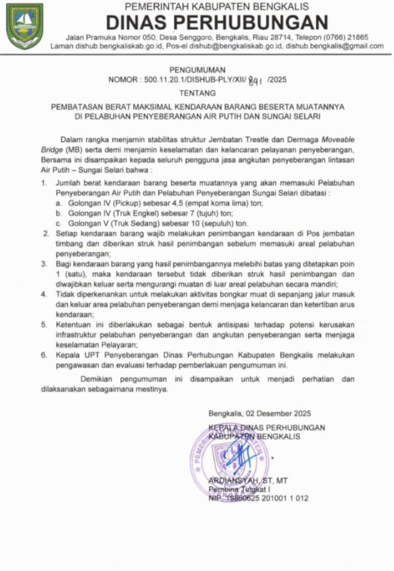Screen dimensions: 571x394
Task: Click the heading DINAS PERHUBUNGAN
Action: tap(217, 22)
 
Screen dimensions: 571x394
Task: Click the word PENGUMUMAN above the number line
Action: tap(197, 70)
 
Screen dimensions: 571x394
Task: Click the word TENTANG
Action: tap(197, 93)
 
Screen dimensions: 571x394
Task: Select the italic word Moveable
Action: tap(338, 139)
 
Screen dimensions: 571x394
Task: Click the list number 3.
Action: tap(44, 264)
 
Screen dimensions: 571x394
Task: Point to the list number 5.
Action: tap(44, 325)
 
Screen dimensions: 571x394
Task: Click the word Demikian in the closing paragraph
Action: tap(96, 379)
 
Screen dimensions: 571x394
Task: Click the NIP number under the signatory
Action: tap(266, 499)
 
